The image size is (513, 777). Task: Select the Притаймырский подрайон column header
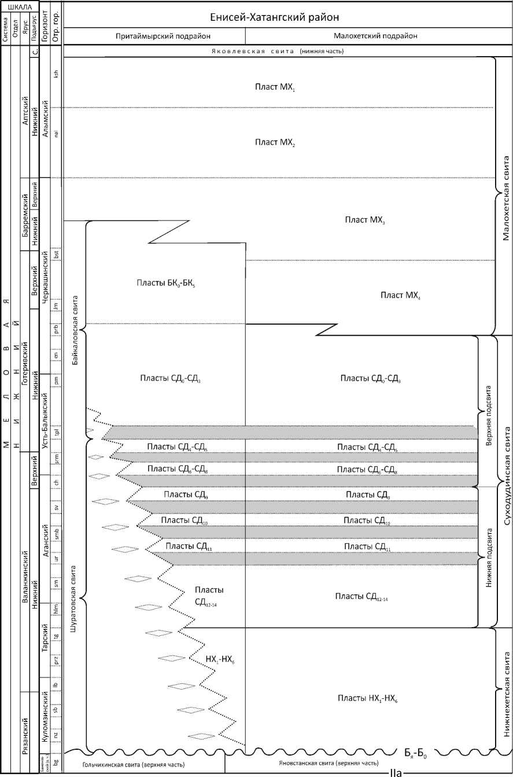coord(154,36)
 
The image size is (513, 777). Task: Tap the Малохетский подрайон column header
coord(375,36)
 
